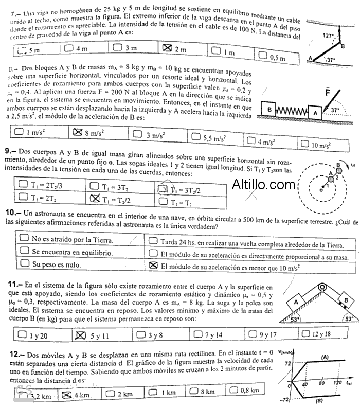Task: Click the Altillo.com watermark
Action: (264, 185)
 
